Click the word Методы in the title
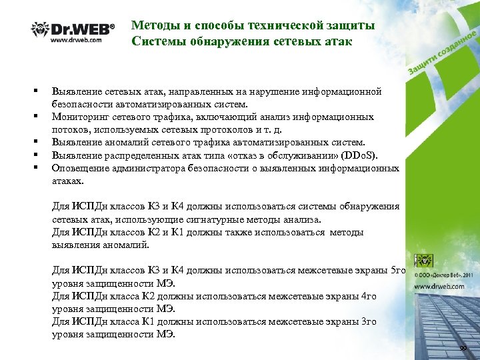153,26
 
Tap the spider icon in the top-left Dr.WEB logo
39,30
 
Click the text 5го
398,270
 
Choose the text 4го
368,296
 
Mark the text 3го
367,321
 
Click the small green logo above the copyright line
425,261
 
